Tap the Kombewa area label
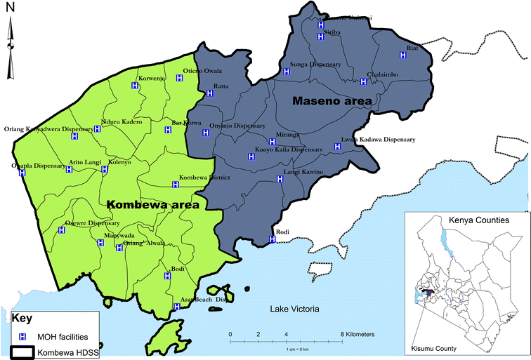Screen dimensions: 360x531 click(153, 204)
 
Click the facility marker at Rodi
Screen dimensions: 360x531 click(272, 240)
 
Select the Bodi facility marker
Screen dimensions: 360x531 click(167, 276)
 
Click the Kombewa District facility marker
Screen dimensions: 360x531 click(176, 185)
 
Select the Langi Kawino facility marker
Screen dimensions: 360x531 click(280, 179)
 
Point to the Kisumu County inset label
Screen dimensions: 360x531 click(433, 349)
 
